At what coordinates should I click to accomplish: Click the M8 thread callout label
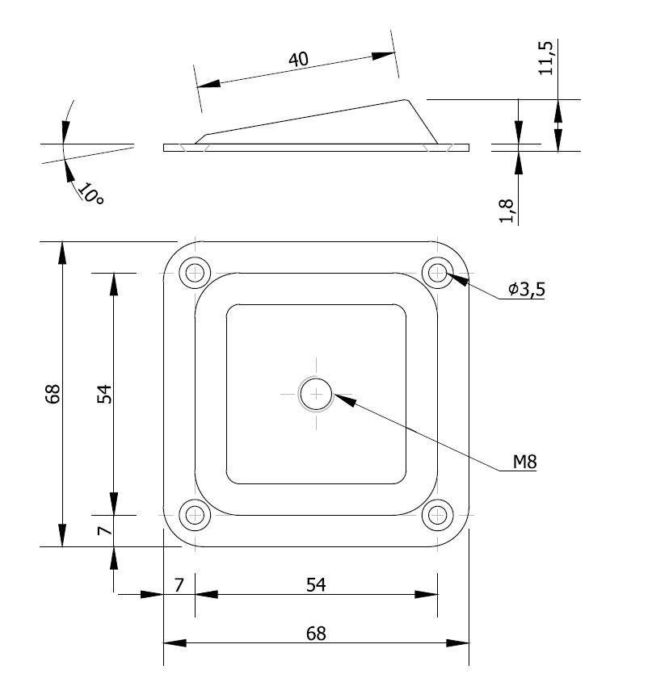point(524,462)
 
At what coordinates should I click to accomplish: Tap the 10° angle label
point(90,194)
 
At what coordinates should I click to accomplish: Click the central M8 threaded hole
point(316,394)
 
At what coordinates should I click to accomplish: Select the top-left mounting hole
point(195,273)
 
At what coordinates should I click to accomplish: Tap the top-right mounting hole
point(438,273)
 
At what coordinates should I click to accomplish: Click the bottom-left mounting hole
point(195,514)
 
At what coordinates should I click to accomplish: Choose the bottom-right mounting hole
point(438,514)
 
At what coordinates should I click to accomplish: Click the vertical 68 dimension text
point(53,394)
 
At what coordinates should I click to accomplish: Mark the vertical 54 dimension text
point(103,394)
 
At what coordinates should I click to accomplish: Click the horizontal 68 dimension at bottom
point(316,634)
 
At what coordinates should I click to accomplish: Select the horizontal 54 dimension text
point(316,584)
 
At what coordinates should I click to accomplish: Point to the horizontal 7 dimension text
point(179,584)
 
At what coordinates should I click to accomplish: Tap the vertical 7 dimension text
point(103,530)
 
